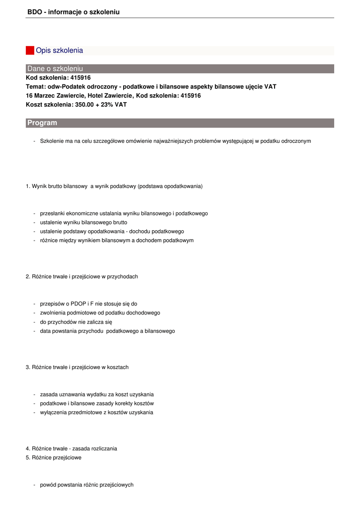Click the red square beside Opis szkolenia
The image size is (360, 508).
tap(30, 50)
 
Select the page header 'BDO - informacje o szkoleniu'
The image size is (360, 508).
tap(73, 11)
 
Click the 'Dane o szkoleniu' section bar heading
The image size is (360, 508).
tap(55, 68)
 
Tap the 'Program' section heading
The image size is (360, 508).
tap(42, 123)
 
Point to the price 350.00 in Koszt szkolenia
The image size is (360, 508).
tap(85, 105)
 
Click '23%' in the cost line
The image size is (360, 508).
tap(108, 105)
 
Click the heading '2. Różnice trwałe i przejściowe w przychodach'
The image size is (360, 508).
tap(81, 276)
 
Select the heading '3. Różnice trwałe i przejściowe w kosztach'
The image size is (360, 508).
tap(77, 367)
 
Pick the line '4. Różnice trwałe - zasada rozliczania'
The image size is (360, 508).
tap(72, 448)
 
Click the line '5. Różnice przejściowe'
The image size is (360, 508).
tap(54, 458)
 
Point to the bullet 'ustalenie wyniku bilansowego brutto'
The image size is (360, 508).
tap(83, 222)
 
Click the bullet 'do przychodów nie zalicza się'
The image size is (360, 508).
tap(76, 322)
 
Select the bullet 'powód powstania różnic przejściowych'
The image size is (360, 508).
tap(86, 485)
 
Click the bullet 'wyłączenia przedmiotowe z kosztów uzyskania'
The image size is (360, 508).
tap(96, 412)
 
